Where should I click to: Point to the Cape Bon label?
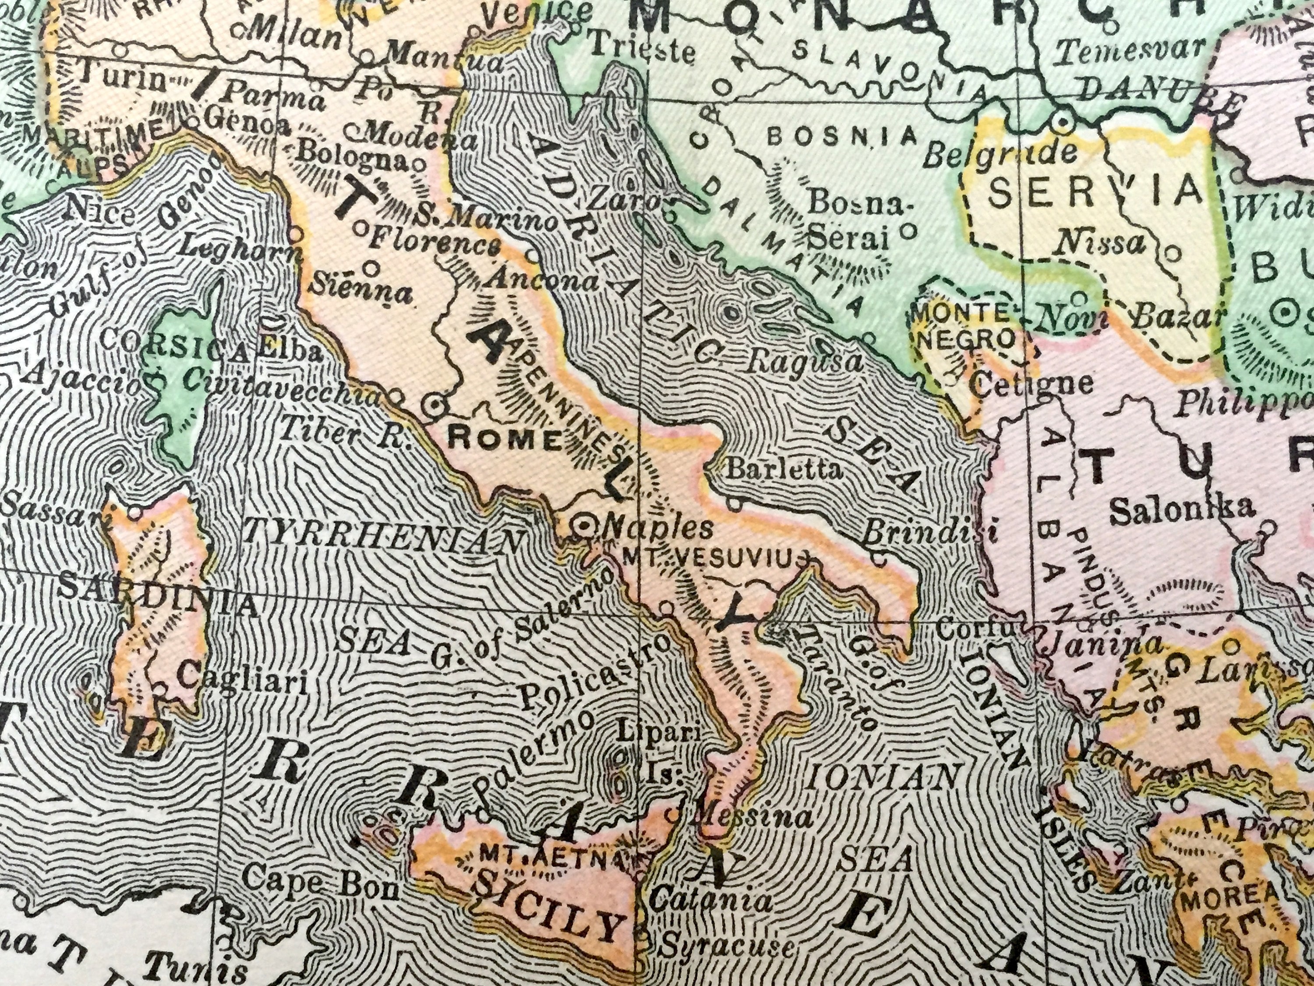[321, 881]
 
